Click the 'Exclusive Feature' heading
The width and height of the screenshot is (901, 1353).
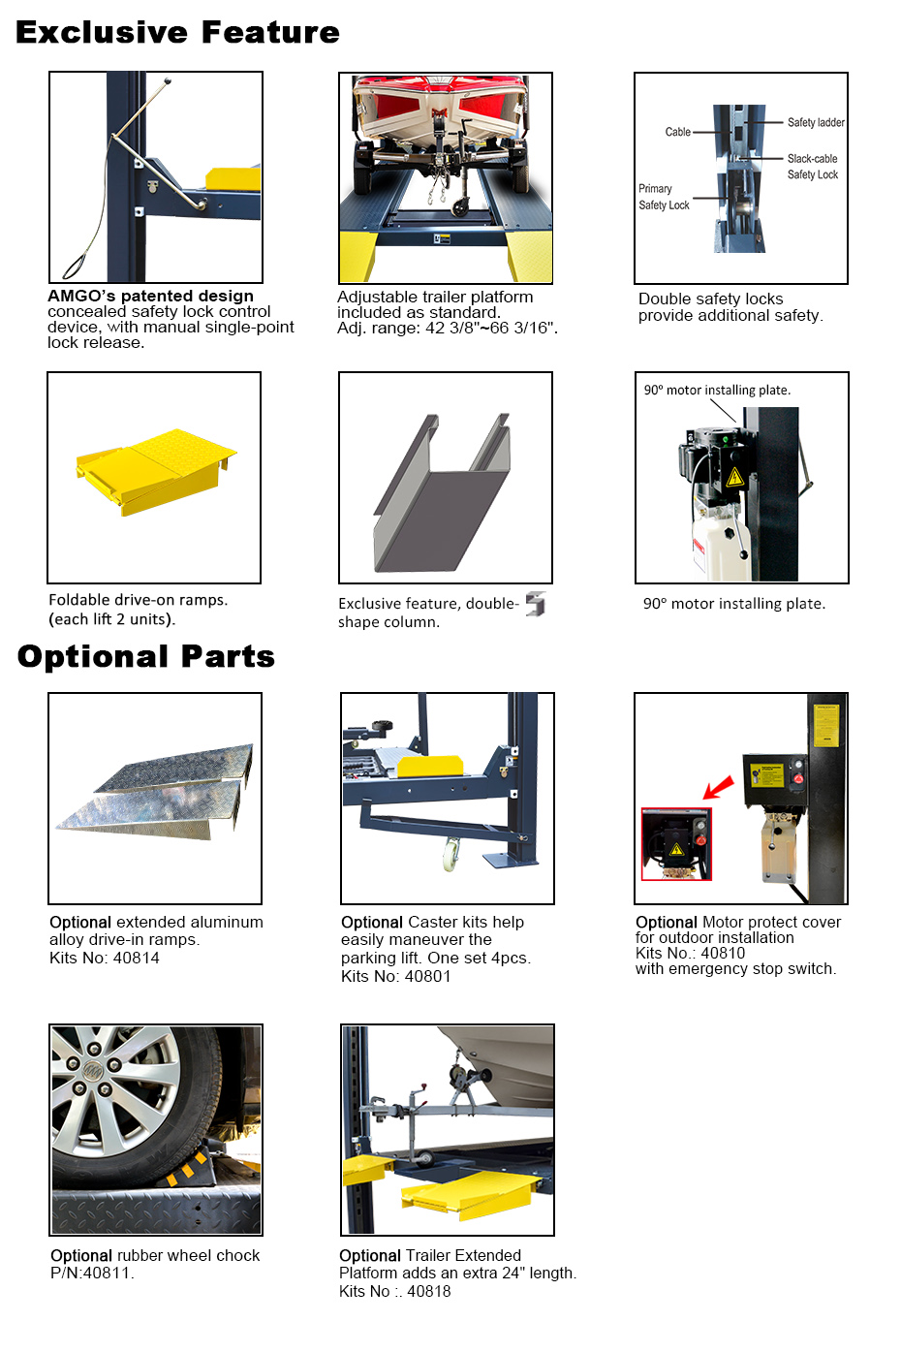(177, 33)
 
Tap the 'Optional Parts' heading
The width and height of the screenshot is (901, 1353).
(145, 656)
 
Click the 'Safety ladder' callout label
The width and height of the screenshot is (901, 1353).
(816, 123)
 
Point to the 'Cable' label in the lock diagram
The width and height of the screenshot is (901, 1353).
(677, 132)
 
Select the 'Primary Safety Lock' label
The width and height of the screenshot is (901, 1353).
(664, 197)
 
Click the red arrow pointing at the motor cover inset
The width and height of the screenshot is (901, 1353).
(719, 788)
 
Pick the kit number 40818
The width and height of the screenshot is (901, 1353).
(429, 1291)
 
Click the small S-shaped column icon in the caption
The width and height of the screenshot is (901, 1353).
(536, 604)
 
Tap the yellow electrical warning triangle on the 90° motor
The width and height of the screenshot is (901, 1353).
(734, 477)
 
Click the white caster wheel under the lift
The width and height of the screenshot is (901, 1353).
(450, 854)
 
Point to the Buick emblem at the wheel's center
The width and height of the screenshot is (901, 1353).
(91, 1071)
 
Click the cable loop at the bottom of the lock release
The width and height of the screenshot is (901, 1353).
(74, 266)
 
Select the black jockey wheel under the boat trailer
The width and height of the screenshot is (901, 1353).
(460, 206)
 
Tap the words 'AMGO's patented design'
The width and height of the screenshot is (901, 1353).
(150, 296)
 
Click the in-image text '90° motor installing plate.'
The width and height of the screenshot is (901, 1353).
(717, 391)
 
